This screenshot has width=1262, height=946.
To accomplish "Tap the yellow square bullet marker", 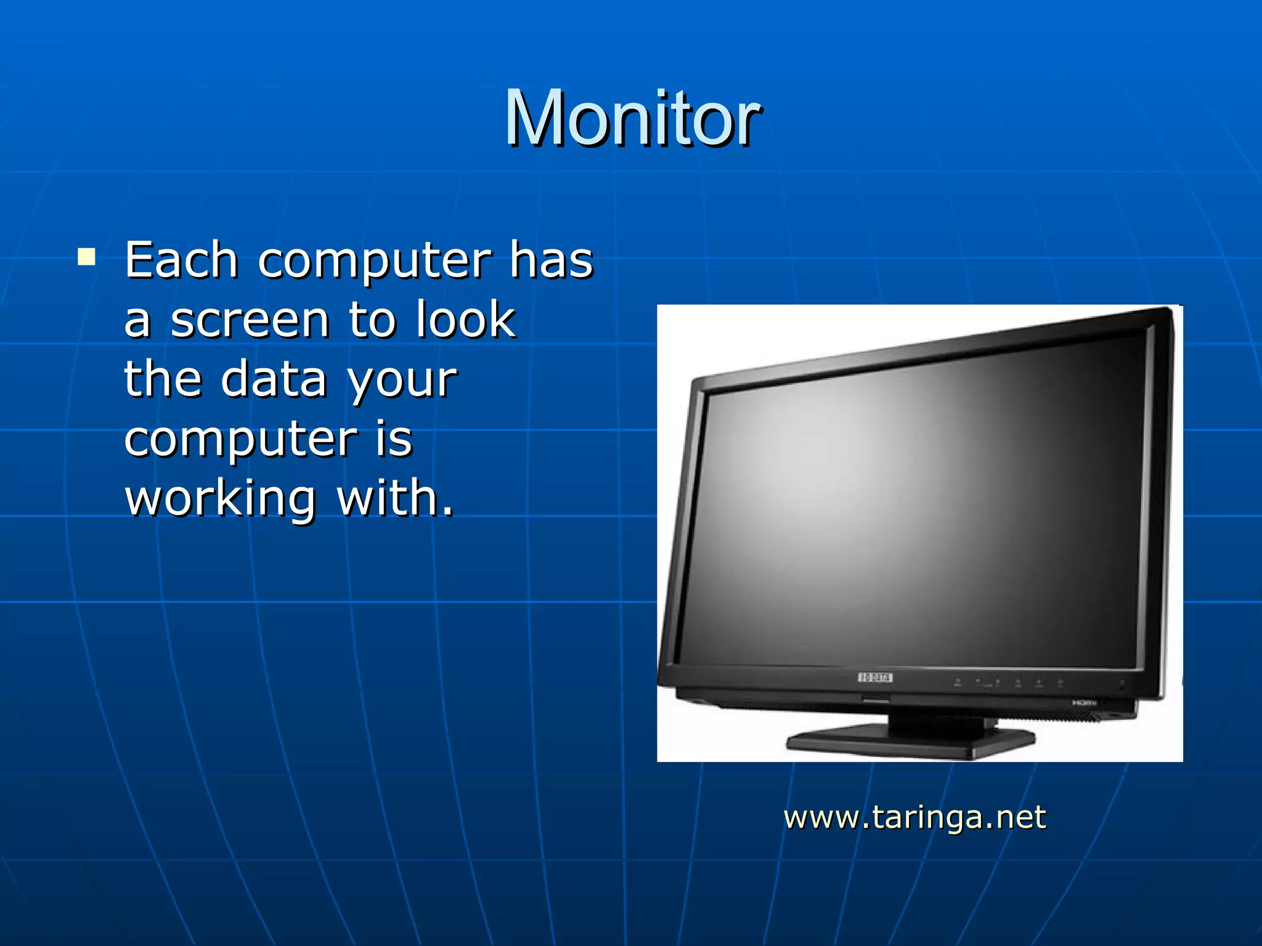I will click(86, 256).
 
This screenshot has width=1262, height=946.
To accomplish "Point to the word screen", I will click(249, 320).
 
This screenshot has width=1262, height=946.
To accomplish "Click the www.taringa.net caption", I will click(914, 817).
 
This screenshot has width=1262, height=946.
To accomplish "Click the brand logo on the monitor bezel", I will click(875, 677).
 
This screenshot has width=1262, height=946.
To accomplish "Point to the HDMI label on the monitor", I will click(1084, 703).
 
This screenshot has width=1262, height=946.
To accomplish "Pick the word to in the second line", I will click(372, 320).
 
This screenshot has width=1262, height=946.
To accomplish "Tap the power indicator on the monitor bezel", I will click(1122, 684).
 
